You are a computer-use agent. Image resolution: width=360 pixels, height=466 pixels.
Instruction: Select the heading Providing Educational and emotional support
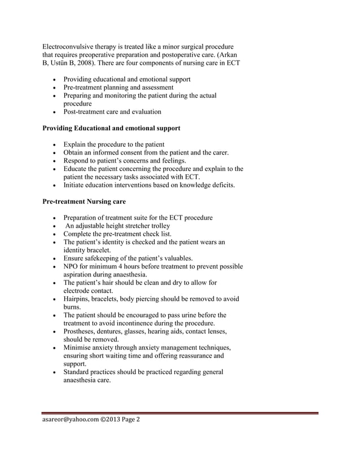(x=111, y=129)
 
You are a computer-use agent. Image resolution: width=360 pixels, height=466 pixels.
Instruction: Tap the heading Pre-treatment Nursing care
(x=84, y=201)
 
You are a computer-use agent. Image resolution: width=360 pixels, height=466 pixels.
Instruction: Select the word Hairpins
(x=78, y=299)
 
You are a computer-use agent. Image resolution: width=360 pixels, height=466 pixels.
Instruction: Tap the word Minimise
(x=80, y=348)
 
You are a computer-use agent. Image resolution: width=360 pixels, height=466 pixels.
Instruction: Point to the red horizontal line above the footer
(x=181, y=414)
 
